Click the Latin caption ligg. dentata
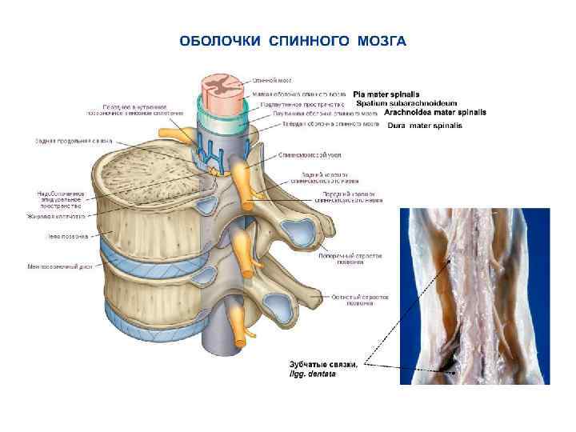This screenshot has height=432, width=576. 313,374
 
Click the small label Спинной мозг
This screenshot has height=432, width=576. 272,80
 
